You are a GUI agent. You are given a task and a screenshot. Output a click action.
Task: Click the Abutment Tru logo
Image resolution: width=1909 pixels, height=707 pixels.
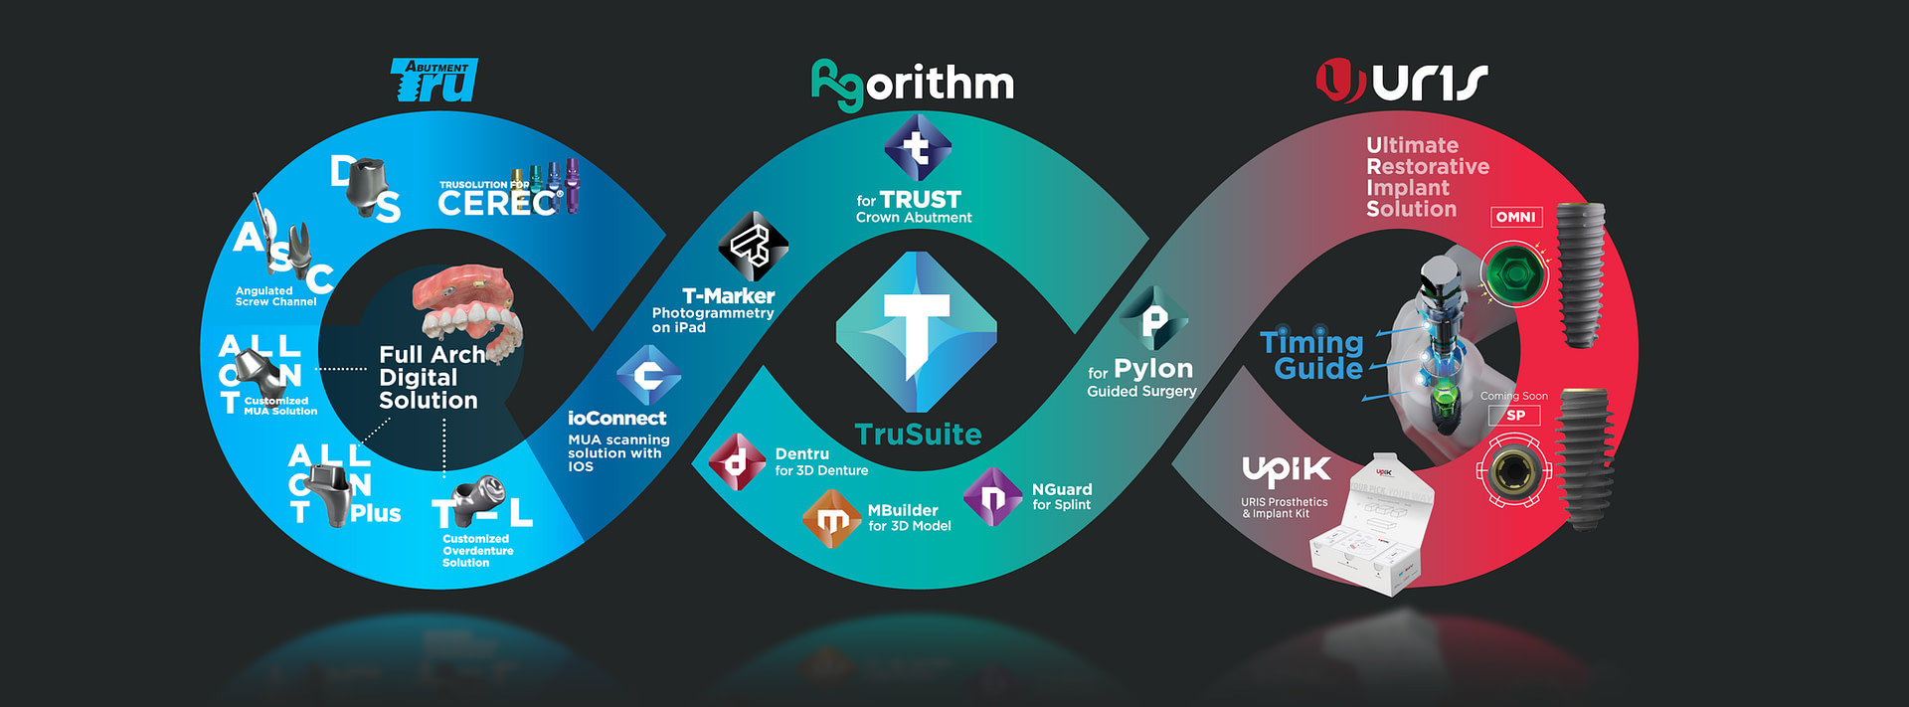pos(434,81)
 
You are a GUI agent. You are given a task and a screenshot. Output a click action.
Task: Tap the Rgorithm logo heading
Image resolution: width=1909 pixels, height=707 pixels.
pos(913,84)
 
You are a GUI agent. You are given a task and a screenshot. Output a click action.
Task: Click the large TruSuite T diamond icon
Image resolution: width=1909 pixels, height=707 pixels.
pos(916,332)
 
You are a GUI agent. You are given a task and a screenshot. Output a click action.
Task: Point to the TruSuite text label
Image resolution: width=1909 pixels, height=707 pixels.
pos(918,435)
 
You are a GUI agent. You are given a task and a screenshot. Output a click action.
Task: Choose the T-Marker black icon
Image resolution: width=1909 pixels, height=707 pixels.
pos(753,247)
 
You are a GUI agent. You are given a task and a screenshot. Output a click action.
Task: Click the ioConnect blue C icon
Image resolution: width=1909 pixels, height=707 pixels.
pos(648,376)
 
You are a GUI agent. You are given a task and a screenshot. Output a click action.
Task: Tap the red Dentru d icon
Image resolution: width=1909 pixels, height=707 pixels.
pos(737,462)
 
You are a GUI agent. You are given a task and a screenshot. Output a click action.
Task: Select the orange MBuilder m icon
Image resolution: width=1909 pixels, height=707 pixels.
pos(831,519)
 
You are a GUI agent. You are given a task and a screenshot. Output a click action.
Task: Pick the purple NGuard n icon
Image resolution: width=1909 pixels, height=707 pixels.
pos(992,496)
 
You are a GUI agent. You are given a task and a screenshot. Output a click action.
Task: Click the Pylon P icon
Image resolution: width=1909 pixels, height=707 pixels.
pos(1153,319)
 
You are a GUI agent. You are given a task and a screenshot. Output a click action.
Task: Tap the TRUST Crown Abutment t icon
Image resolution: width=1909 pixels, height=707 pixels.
pos(917,148)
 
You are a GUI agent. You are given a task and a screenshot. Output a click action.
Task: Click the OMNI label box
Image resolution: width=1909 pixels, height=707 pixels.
pos(1515,217)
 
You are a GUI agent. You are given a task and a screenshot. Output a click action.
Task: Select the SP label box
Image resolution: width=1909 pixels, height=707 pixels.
pos(1514,416)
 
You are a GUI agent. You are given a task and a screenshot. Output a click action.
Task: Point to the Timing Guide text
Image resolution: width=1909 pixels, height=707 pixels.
pos(1313,355)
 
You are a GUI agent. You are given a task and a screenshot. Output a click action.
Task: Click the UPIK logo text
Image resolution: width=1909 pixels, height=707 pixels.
pos(1286,470)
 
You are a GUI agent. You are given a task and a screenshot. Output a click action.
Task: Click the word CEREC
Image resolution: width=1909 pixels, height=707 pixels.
pos(497,203)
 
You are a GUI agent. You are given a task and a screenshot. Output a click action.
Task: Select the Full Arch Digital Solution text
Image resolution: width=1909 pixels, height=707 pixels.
pos(431,378)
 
